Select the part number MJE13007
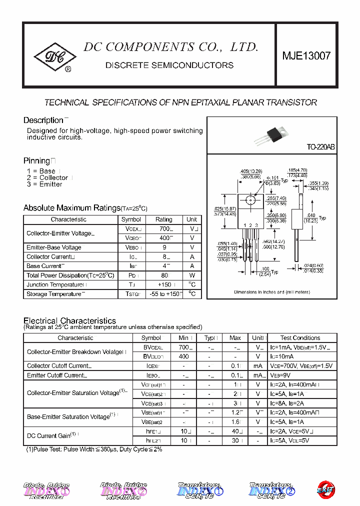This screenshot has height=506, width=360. (x=306, y=56)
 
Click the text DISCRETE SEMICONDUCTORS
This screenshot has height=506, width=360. (x=169, y=65)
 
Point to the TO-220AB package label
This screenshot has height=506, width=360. (x=320, y=147)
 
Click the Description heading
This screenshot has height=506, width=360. (x=43, y=120)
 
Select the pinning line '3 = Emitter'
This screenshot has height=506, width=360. (x=44, y=184)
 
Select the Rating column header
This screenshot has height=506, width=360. (x=163, y=219)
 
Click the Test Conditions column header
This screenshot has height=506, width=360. (x=300, y=338)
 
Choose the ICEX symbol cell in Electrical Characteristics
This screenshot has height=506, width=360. (x=151, y=366)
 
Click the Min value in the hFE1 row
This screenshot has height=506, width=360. (x=183, y=431)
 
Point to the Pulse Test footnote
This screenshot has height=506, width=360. (x=94, y=449)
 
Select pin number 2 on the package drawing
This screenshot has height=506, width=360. (x=250, y=225)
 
